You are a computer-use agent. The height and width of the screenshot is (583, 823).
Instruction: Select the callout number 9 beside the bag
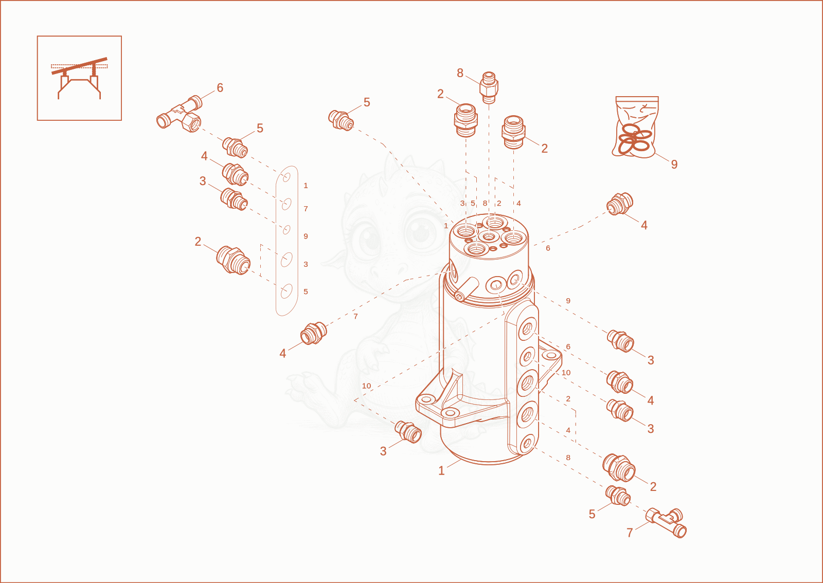(674, 164)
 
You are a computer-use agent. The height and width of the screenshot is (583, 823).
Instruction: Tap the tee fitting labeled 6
(180, 114)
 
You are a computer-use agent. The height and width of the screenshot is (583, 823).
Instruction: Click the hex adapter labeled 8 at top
(489, 88)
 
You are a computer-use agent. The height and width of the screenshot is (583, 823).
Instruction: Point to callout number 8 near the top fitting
(460, 73)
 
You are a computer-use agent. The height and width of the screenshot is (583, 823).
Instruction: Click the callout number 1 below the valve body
(441, 470)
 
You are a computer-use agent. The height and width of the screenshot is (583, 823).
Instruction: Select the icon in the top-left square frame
(79, 78)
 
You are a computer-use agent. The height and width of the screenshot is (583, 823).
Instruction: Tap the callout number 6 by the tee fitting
(220, 88)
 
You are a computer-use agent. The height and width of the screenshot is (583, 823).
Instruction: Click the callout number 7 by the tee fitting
(630, 532)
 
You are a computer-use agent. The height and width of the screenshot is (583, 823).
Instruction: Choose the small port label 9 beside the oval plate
(306, 236)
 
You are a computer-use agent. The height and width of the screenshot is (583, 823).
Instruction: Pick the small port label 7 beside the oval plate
(306, 209)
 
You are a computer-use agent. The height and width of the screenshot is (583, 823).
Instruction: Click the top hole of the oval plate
(286, 177)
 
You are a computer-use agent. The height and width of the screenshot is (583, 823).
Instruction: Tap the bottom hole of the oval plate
(286, 291)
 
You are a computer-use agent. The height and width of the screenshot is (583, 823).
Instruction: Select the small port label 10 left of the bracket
(366, 386)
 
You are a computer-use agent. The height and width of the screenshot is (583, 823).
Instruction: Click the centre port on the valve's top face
(488, 237)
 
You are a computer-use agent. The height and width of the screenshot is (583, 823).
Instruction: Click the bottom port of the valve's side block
(528, 444)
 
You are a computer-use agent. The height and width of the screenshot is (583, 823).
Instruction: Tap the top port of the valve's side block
(528, 328)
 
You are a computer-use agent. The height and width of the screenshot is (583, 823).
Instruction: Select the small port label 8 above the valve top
(485, 203)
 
